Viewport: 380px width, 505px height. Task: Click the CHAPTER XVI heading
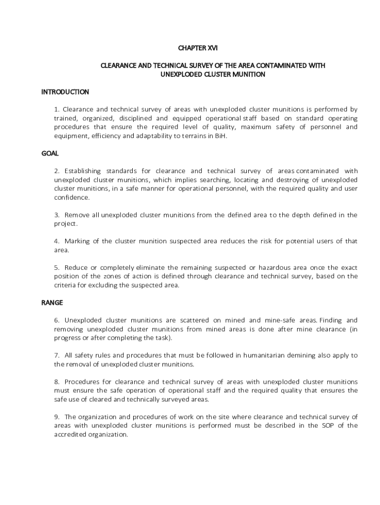click(197, 48)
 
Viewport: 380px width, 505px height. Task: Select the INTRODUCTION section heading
click(65, 92)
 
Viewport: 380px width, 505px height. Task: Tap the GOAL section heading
click(50, 153)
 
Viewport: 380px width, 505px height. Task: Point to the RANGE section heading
click(52, 302)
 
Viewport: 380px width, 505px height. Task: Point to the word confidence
click(72, 197)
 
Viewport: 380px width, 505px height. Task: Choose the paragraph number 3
click(57, 215)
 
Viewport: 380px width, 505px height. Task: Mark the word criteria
click(65, 285)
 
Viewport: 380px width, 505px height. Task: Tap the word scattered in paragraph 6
click(201, 320)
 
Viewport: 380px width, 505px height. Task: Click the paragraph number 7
click(57, 355)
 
